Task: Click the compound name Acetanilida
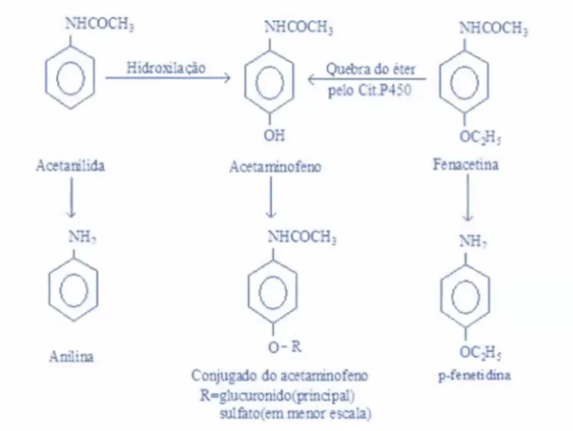point(70,166)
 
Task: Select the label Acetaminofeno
point(275,167)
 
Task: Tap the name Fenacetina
point(466,164)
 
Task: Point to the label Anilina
point(71,357)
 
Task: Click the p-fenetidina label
point(474,375)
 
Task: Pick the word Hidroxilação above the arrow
point(166,68)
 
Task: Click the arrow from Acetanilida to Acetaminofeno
point(168,77)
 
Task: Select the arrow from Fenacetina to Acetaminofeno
point(367,79)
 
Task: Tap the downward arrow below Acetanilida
point(71,197)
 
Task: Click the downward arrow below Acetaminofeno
point(271,197)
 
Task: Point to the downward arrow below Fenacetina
point(467,198)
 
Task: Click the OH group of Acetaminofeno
point(274,136)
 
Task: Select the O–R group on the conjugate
point(285,347)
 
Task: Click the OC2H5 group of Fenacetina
point(480,137)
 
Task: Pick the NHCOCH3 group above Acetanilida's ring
point(99,24)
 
